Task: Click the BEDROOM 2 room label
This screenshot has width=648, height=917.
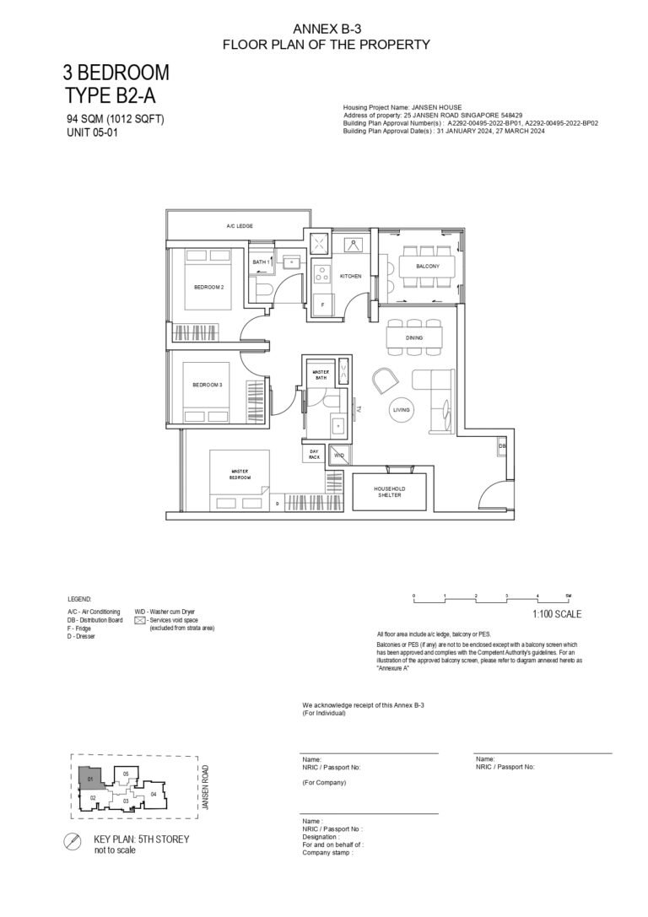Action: click(x=208, y=287)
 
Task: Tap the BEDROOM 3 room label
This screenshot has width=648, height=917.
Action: click(x=207, y=385)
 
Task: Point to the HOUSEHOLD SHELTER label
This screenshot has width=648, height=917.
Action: click(x=389, y=493)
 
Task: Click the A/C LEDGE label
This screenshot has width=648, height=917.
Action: click(x=240, y=226)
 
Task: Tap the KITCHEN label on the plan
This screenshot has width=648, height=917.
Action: click(x=350, y=276)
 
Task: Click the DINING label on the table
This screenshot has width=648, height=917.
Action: click(x=413, y=337)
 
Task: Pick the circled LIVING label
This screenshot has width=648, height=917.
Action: click(x=402, y=410)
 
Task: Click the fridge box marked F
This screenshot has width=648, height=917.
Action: click(x=321, y=304)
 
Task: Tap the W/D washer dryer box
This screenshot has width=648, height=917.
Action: click(x=338, y=455)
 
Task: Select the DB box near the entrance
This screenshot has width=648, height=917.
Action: click(x=502, y=446)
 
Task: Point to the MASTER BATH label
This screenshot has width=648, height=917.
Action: click(x=320, y=375)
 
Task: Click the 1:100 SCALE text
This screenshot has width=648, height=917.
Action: click(x=557, y=614)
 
